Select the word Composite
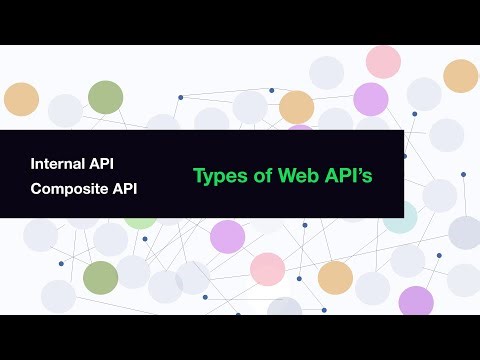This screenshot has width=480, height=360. pos(69,187)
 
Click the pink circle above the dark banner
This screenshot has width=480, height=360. pos(383,62)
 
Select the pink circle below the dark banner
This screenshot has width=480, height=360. pos(267,269)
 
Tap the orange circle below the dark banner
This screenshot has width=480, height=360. pos(335,277)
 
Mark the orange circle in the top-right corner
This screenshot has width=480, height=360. pos(460,76)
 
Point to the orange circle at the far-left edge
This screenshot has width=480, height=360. pos(21,99)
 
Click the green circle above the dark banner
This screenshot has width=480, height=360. pos(105,97)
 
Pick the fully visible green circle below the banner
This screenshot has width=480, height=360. pos(100,277)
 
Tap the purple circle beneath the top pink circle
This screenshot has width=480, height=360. pos(370,99)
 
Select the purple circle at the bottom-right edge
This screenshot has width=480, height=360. pos(416,301)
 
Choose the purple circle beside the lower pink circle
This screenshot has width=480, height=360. pos(227,237)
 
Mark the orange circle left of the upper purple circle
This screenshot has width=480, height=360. pos(296,107)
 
